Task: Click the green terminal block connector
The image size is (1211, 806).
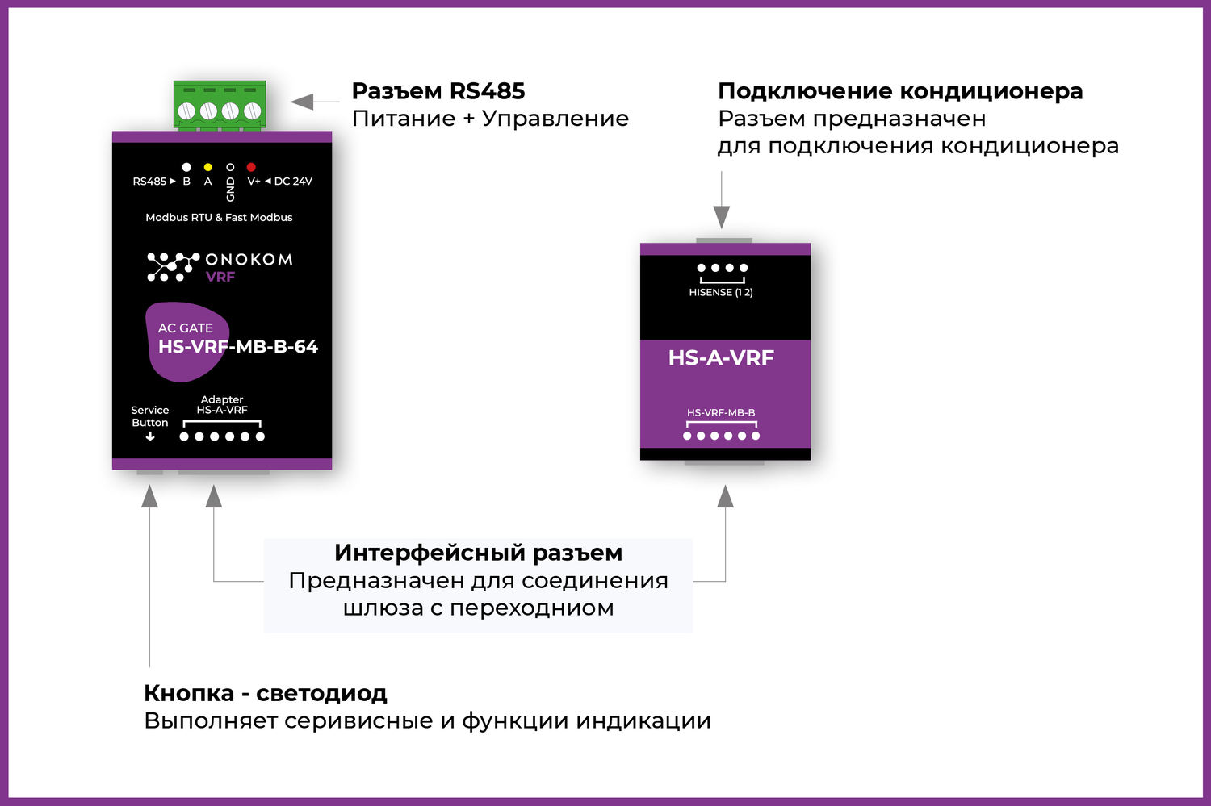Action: (x=220, y=105)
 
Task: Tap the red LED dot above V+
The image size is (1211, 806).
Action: (x=251, y=167)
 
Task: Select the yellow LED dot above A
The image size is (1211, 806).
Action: (x=208, y=167)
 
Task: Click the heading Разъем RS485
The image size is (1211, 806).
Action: (x=438, y=90)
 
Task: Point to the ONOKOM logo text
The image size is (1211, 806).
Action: (x=249, y=259)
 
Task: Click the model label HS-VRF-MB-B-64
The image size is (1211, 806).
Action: (x=238, y=347)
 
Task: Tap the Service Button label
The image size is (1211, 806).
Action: (x=150, y=416)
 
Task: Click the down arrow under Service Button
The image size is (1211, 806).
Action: (x=150, y=436)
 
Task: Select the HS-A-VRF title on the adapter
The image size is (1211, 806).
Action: (x=721, y=357)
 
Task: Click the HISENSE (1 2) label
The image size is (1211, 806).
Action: (x=721, y=292)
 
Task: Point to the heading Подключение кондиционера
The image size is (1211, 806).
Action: (x=900, y=90)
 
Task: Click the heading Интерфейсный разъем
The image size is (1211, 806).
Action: (x=478, y=553)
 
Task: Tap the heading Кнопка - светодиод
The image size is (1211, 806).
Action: (x=266, y=693)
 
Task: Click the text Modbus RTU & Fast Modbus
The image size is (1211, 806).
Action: (x=219, y=217)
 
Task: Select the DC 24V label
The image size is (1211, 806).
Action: (x=293, y=182)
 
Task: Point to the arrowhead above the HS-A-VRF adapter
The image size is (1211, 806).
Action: (x=722, y=216)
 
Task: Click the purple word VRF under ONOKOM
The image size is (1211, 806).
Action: (x=220, y=277)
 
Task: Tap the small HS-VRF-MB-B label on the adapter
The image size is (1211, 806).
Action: (x=721, y=412)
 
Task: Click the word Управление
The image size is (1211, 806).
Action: (x=555, y=119)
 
